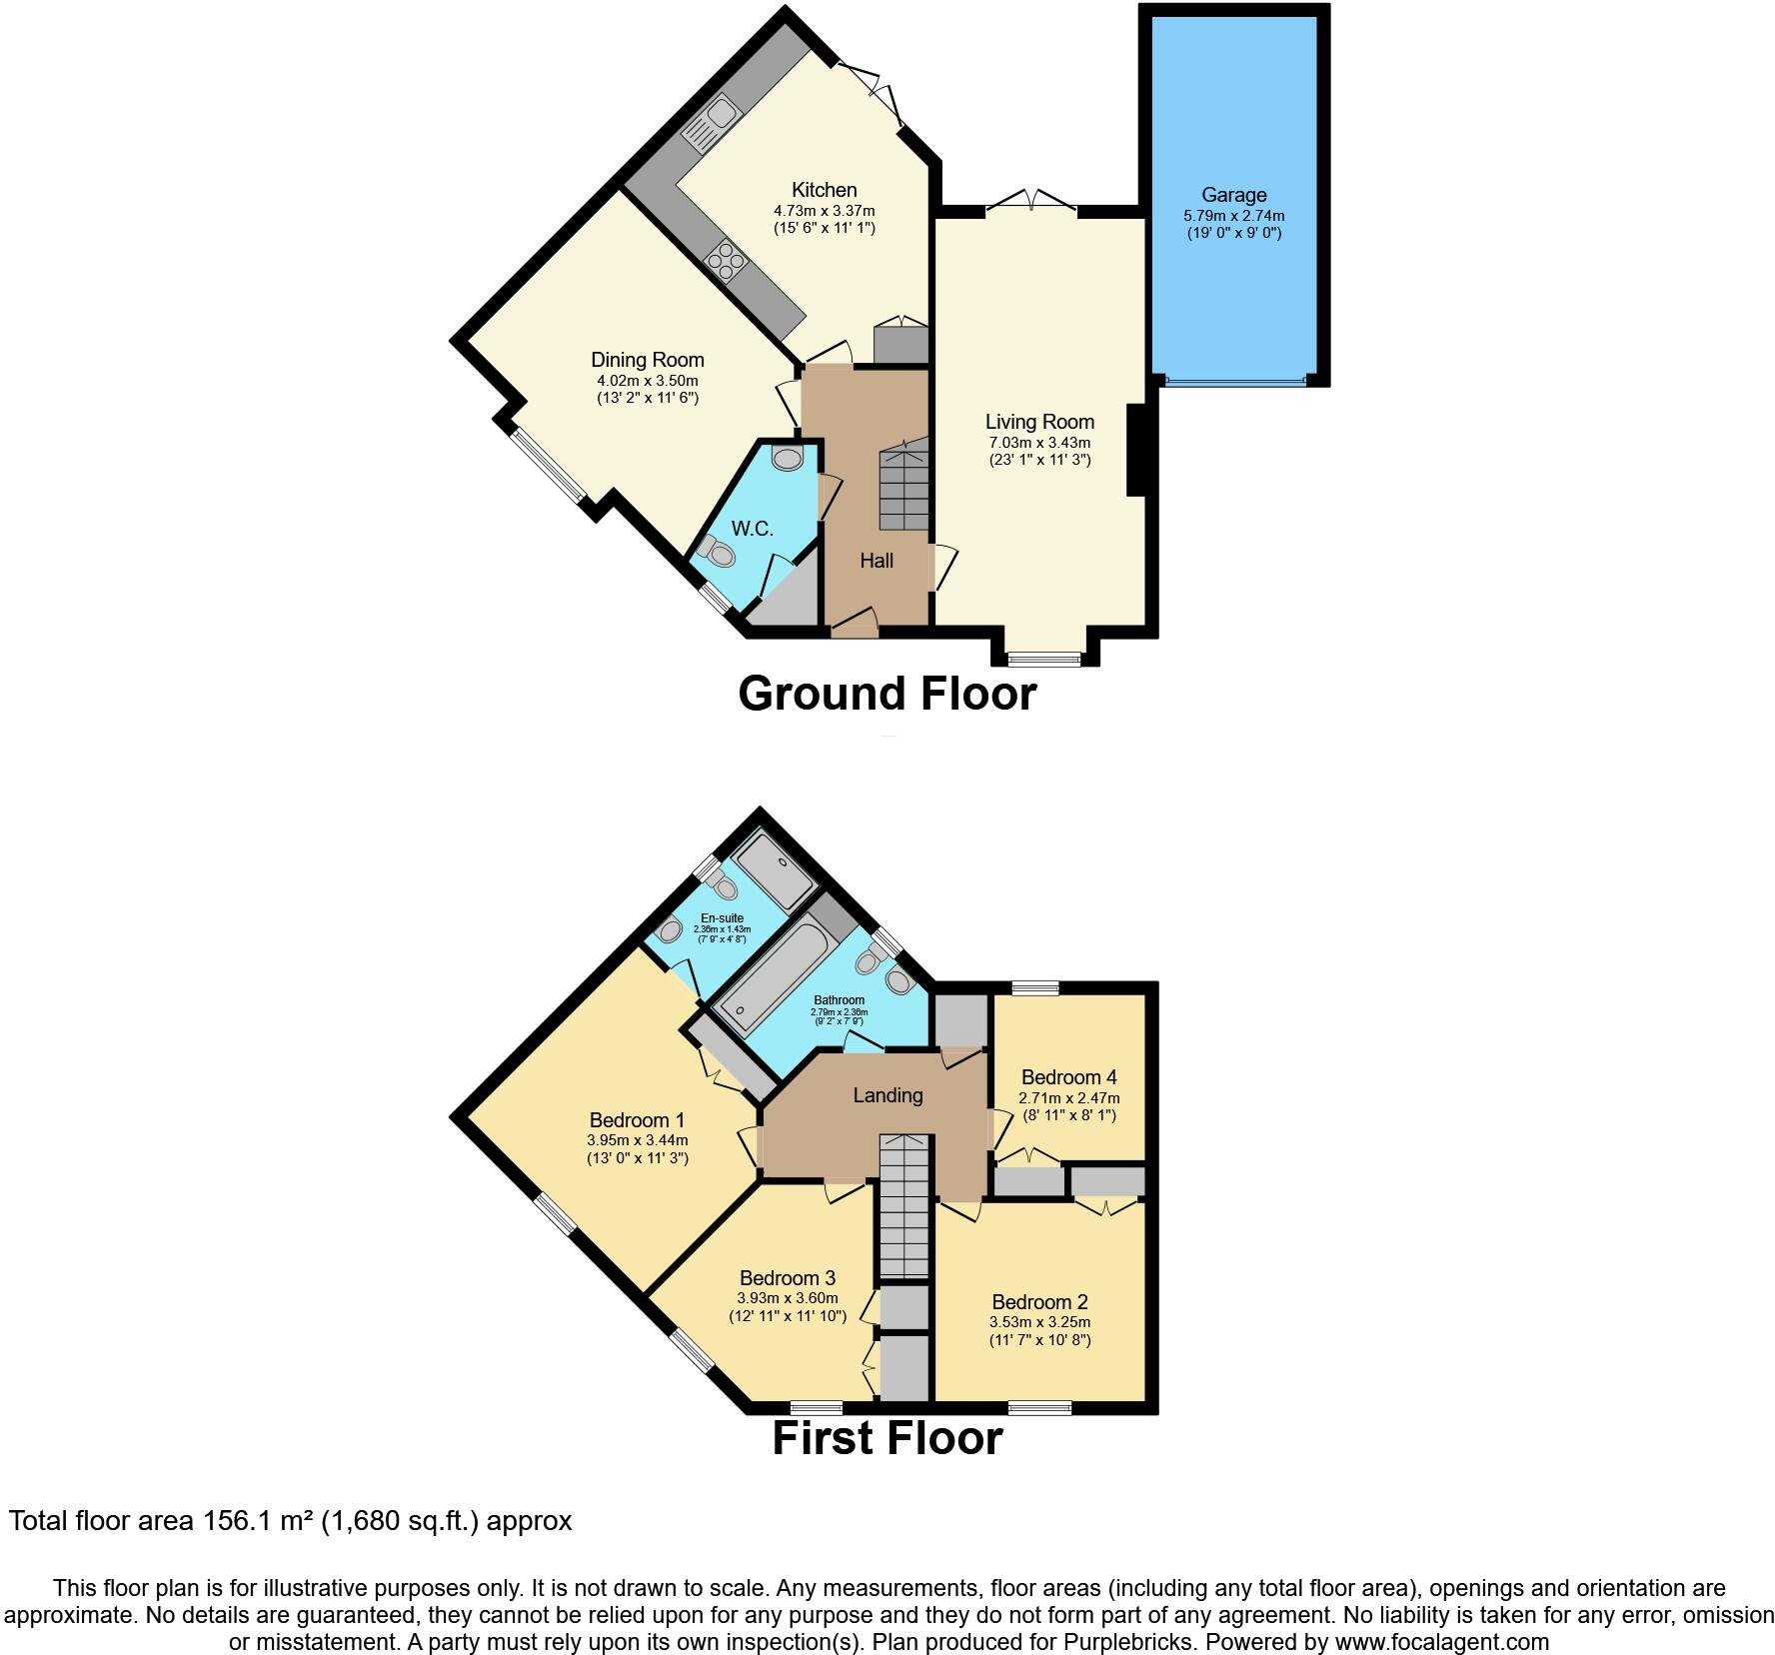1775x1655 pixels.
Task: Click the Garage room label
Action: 1233,195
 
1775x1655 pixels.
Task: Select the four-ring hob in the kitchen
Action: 727,261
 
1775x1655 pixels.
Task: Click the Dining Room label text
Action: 647,360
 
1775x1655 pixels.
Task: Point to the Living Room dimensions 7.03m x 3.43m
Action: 1039,443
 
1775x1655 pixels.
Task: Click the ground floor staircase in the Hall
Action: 903,490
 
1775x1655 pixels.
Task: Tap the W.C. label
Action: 752,529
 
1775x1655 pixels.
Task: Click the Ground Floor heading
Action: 887,694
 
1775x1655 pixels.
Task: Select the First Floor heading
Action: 887,1438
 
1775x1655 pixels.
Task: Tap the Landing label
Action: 887,1095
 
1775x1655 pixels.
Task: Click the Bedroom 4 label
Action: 1068,1077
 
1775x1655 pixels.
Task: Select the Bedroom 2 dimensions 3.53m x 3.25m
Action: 1039,1322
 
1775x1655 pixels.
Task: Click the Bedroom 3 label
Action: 787,1278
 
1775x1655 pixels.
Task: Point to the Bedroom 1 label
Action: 637,1120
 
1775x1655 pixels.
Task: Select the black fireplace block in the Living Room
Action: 1136,449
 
